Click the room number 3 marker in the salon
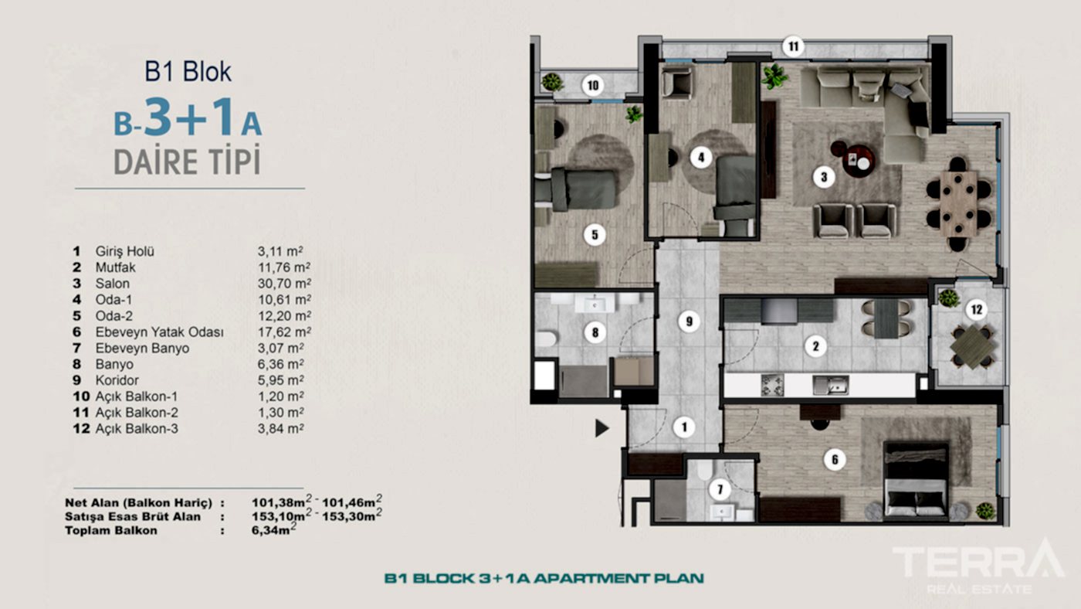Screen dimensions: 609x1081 click(x=824, y=177)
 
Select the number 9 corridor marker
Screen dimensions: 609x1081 click(x=689, y=321)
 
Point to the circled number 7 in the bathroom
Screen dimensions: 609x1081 click(x=720, y=489)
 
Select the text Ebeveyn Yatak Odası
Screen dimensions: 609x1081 click(x=159, y=332)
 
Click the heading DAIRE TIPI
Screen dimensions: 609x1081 click(x=187, y=162)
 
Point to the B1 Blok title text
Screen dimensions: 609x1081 click(x=188, y=72)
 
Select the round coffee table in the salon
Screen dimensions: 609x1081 click(x=858, y=160)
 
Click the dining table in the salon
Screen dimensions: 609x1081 click(x=958, y=203)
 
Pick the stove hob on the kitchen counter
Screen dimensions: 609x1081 click(x=772, y=384)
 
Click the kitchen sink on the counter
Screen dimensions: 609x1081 click(x=831, y=384)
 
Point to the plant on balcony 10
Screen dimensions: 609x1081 click(x=551, y=81)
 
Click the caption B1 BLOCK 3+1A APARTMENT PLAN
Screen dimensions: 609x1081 click(x=544, y=577)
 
